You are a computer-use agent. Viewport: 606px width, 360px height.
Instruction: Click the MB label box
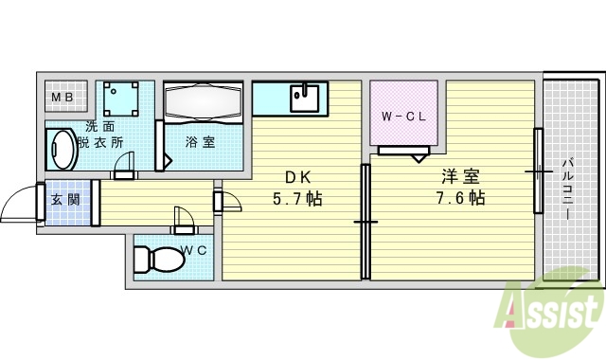coord(66,97)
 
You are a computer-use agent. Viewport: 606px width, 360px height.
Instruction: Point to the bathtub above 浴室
coord(204,101)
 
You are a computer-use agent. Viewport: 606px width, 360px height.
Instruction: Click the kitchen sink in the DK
coord(304,96)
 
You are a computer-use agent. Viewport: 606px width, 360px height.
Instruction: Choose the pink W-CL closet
coord(403,117)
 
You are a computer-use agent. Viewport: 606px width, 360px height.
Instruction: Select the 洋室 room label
coord(460,176)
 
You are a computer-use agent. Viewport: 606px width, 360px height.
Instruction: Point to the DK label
coord(296,176)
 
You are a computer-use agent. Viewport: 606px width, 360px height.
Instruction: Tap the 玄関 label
coord(65,200)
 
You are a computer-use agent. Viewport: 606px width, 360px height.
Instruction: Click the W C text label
coord(194,250)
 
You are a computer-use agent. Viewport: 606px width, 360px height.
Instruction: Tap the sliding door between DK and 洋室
coord(365,221)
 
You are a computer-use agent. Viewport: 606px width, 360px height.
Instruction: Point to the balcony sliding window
coord(538,171)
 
